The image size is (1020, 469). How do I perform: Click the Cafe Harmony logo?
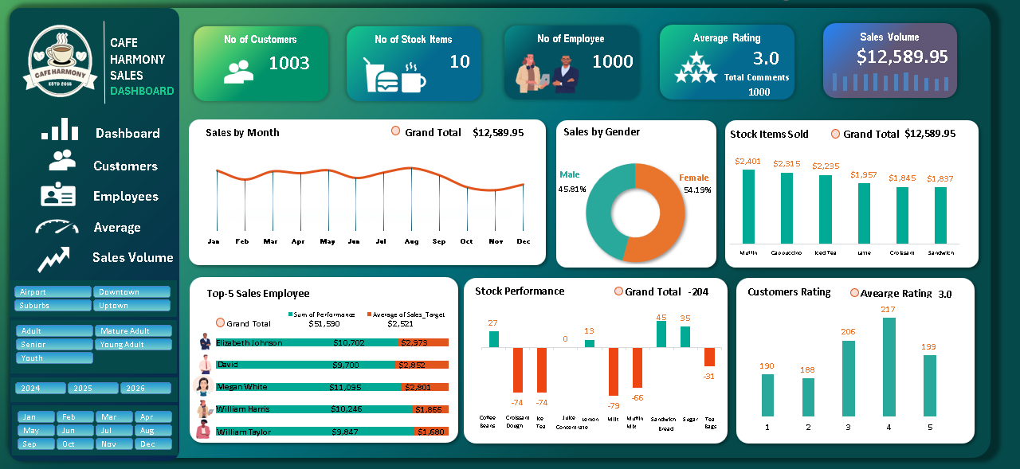(x=60, y=59)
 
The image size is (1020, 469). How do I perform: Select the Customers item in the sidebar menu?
(x=125, y=166)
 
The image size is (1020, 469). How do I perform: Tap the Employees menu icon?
(x=58, y=196)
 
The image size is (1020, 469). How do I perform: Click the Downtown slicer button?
(x=131, y=292)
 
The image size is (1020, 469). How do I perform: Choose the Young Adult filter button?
(x=131, y=345)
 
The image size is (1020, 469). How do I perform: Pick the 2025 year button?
(x=93, y=389)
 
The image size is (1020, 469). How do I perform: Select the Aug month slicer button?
(x=146, y=431)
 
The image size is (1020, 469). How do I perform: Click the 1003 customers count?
(x=288, y=64)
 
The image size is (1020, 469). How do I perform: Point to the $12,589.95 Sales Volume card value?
(x=902, y=57)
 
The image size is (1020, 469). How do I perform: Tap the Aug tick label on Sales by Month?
(x=411, y=241)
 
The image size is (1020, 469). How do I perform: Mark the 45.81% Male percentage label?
(x=572, y=190)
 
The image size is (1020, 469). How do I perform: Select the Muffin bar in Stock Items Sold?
(x=748, y=206)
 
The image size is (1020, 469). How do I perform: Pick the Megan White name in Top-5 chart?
(x=241, y=387)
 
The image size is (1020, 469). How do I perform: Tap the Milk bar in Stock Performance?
(x=614, y=371)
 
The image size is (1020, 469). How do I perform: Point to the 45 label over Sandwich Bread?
(x=661, y=317)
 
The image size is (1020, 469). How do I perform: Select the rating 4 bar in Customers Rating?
(x=889, y=366)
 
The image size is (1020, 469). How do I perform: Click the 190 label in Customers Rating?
(x=767, y=366)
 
